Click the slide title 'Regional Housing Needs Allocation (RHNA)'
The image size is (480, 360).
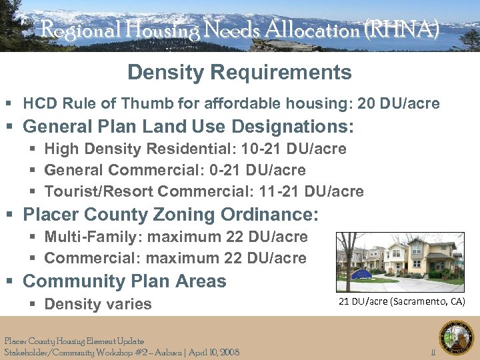coord(239,29)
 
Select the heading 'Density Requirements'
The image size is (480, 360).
coord(239,72)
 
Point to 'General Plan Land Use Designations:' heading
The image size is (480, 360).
coord(189,126)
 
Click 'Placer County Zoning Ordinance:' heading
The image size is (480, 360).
coord(171,215)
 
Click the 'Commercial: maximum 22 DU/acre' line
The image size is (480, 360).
coord(175,258)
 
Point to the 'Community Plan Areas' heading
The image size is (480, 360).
coord(125,281)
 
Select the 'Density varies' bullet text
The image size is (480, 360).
coord(98,304)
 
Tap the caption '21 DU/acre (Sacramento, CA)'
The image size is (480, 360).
coord(401,301)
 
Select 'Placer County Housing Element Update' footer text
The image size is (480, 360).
coord(74,341)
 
